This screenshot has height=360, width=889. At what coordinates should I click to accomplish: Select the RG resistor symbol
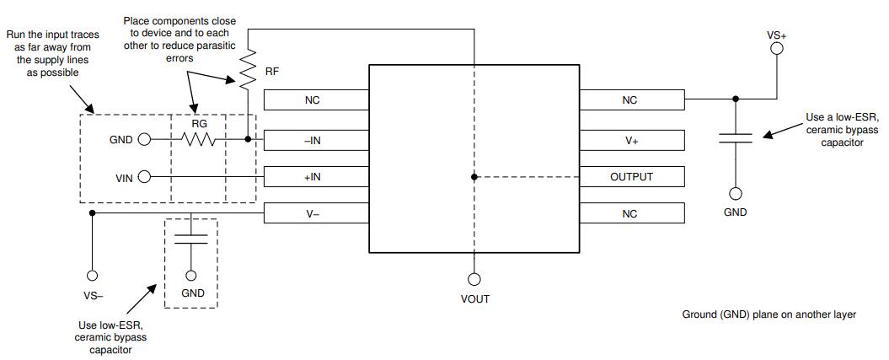point(201,139)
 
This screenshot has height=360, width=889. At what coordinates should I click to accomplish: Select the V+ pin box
point(630,140)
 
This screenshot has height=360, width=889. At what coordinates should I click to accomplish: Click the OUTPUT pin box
point(630,177)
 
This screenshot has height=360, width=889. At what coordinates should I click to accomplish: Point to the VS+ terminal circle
point(777,48)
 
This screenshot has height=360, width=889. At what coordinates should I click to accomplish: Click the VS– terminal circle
point(93,275)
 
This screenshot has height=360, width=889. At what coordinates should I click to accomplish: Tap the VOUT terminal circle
point(475,279)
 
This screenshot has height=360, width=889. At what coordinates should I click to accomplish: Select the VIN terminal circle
point(144,177)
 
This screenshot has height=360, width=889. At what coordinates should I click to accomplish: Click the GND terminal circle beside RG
point(144,140)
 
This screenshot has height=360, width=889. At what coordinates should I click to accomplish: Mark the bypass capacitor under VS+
point(736,139)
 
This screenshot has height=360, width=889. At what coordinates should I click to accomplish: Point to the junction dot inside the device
point(475,177)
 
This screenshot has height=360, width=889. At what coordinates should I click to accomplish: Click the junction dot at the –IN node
point(247,140)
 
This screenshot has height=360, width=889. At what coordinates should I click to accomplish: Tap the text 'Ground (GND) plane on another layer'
point(769,314)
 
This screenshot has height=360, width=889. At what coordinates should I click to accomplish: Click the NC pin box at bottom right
point(630,214)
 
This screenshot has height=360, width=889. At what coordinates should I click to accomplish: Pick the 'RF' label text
point(272,73)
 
